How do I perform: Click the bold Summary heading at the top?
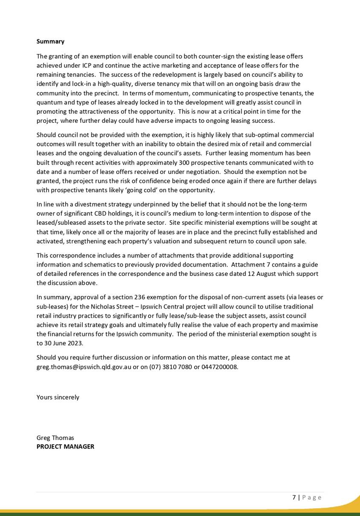[50, 41]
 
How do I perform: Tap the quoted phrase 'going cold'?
[145, 190]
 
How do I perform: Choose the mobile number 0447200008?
[220, 366]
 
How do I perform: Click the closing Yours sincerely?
[58, 397]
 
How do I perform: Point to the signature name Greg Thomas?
[55, 438]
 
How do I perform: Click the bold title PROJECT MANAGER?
[65, 446]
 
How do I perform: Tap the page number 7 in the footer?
[294, 497]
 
